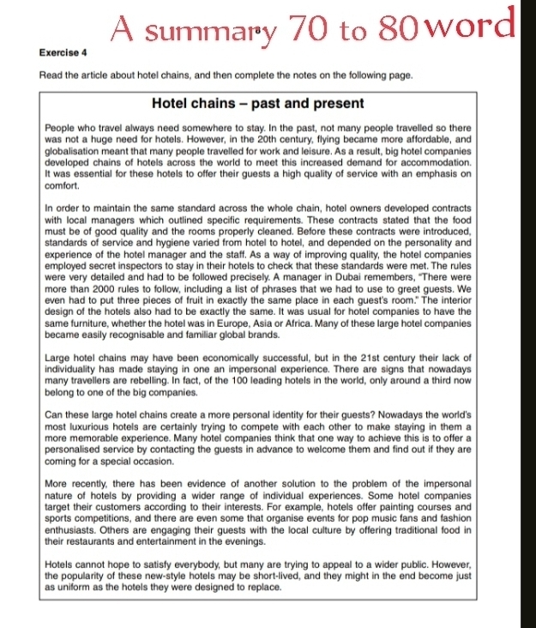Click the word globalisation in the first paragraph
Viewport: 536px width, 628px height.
(75, 150)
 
